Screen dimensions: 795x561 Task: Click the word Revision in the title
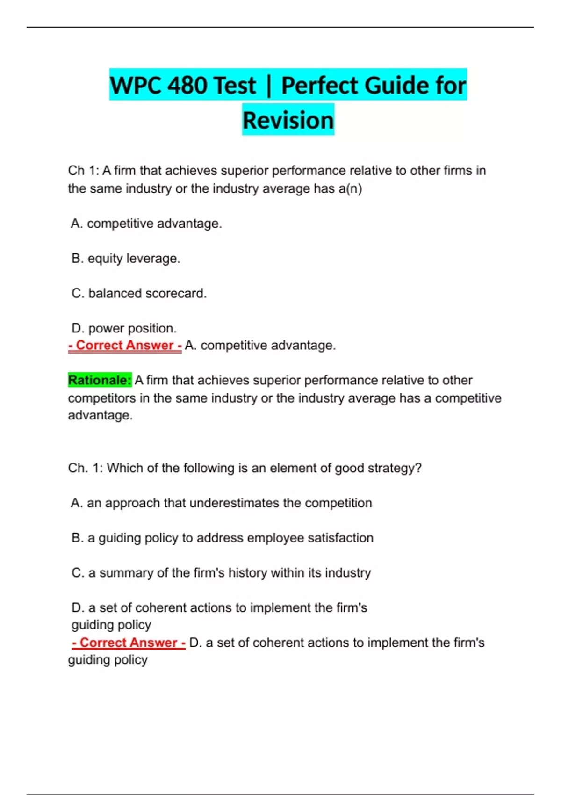coord(288,120)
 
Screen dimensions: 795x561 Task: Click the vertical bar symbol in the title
coord(268,86)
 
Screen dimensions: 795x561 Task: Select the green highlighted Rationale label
coord(100,380)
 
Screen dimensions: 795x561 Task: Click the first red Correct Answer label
coord(125,346)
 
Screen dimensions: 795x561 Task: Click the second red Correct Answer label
coord(129,643)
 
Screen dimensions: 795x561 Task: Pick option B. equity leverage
coord(126,259)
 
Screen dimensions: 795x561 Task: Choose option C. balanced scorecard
coord(139,294)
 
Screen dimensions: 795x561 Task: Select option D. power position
coord(124,328)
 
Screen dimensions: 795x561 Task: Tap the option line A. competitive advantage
coord(146,224)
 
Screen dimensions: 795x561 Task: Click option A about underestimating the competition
coord(221,503)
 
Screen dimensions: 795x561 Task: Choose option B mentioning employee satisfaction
coord(222,538)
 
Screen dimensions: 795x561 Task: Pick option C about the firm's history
coord(221,573)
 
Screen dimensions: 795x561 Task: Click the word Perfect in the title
coord(319,86)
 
